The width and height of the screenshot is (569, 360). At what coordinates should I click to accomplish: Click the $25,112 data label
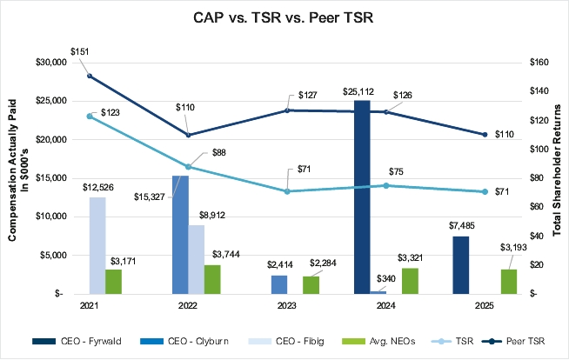362,91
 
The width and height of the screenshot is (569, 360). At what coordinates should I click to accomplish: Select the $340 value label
384,278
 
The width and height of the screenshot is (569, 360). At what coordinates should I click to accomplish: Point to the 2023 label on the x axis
284,307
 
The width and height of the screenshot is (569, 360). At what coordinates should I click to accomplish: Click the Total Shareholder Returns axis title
557,177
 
